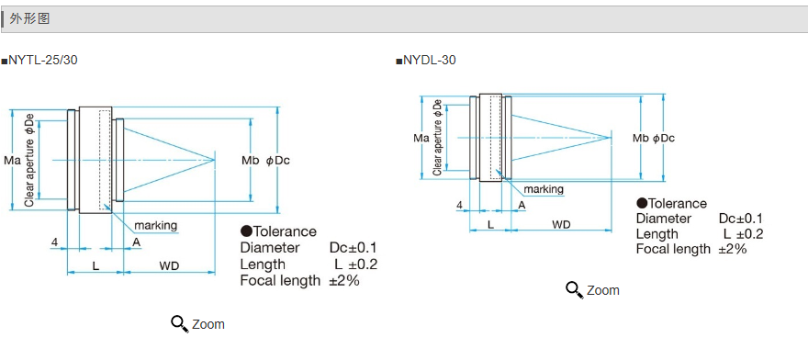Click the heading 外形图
coord(29,19)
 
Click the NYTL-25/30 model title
coord(43,61)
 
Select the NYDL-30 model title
coord(430,61)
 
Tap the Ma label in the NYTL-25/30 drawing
coord(12,161)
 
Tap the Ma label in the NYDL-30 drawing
coord(421,138)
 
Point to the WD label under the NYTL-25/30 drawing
coord(169,266)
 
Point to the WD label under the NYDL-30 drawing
coord(561,224)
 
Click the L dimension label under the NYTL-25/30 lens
coord(95,266)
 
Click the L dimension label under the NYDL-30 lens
coord(490,224)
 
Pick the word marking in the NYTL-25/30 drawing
coord(155,225)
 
